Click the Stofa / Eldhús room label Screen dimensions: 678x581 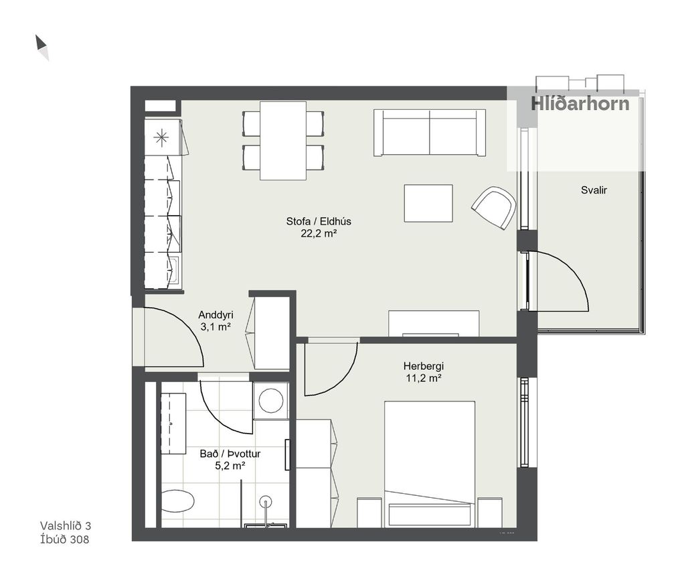pyautogui.click(x=319, y=221)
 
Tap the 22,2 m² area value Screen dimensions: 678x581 pyautogui.click(x=319, y=234)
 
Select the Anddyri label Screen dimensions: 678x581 pyautogui.click(x=216, y=315)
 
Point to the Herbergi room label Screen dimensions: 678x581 pyautogui.click(x=424, y=366)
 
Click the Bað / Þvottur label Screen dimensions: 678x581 pyautogui.click(x=230, y=454)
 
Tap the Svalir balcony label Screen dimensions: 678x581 pyautogui.click(x=594, y=190)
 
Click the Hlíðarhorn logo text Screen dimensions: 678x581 pyautogui.click(x=580, y=104)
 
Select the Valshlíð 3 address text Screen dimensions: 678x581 pyautogui.click(x=66, y=525)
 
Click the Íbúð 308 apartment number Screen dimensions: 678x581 pyautogui.click(x=64, y=539)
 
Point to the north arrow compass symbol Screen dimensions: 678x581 pyautogui.click(x=41, y=47)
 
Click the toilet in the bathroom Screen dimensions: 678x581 pyautogui.click(x=178, y=501)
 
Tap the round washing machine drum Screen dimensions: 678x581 pyautogui.click(x=271, y=401)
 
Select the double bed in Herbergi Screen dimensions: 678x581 pyautogui.click(x=430, y=464)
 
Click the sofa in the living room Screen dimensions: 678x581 pyautogui.click(x=430, y=133)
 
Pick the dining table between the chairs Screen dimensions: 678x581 pyautogui.click(x=283, y=141)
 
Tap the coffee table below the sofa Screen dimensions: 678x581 pyautogui.click(x=428, y=204)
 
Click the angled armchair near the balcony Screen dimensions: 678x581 pyautogui.click(x=495, y=208)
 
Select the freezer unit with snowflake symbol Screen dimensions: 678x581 pyautogui.click(x=163, y=137)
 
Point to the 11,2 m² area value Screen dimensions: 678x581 pyautogui.click(x=424, y=379)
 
